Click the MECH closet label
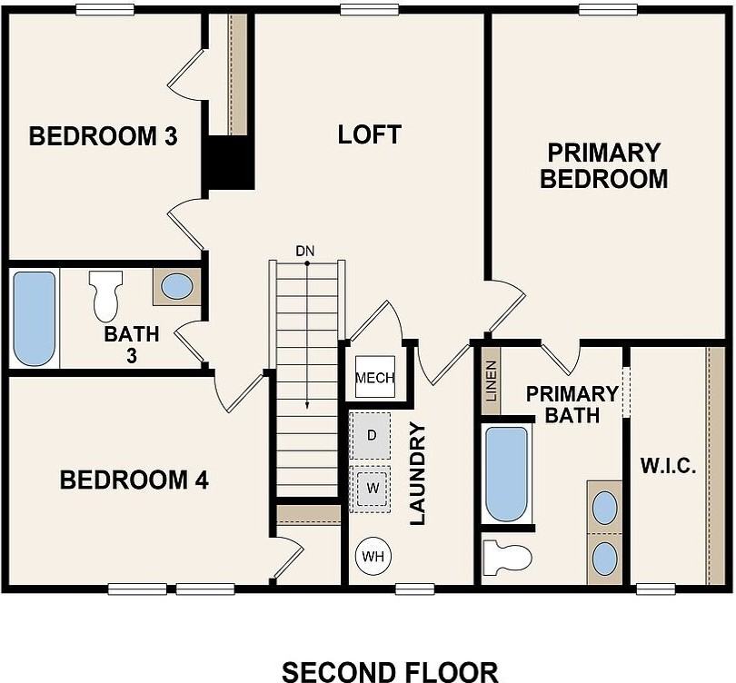[375, 378]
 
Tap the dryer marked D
[371, 434]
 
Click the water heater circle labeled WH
[373, 556]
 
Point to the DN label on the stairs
[305, 251]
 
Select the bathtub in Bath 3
[35, 318]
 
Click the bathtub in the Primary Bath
[506, 474]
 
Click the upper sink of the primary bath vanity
[605, 508]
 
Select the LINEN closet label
[491, 381]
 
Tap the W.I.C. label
[668, 467]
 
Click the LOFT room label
[369, 135]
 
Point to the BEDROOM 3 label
[103, 137]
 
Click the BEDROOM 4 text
[134, 480]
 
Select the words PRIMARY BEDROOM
[603, 165]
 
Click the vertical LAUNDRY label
[417, 479]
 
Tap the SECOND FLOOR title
[390, 671]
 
